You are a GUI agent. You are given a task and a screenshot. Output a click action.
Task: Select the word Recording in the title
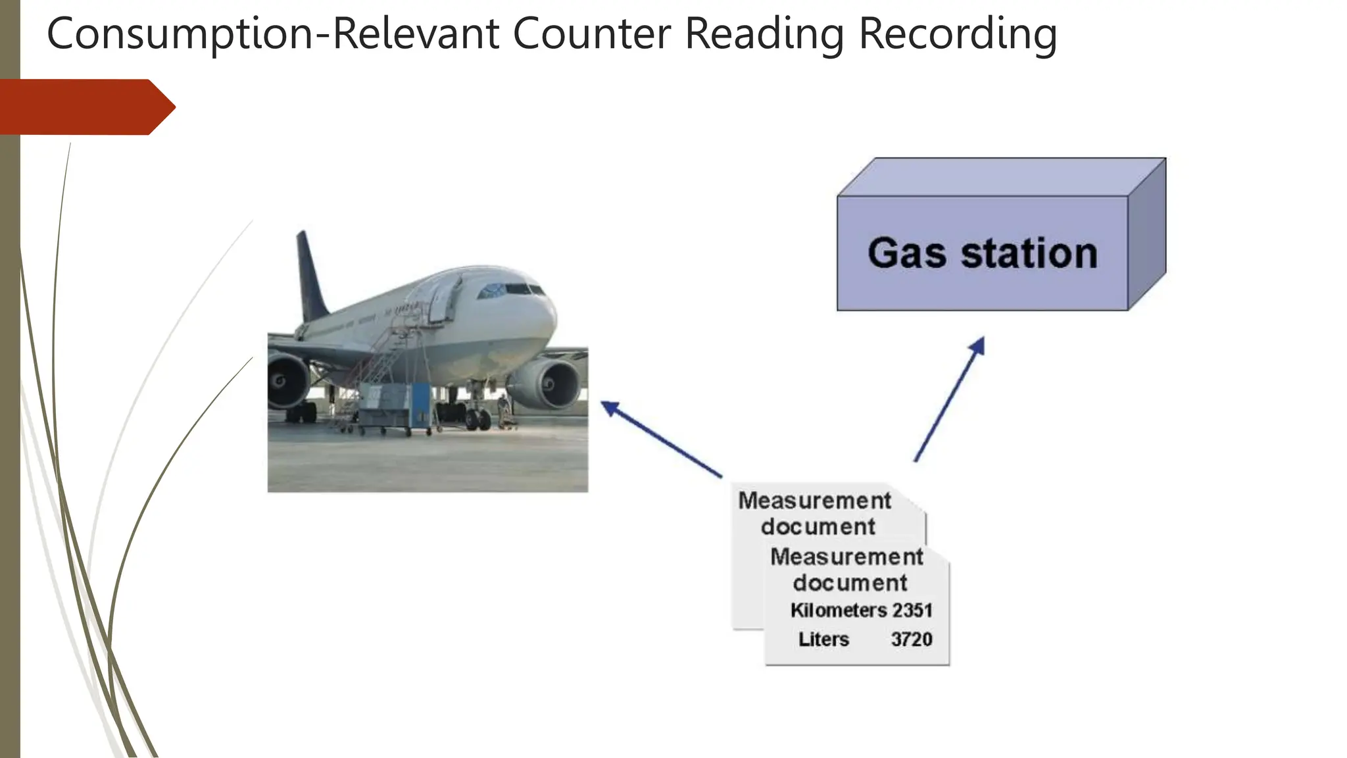tap(958, 34)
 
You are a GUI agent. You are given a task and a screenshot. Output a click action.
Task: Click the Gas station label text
tap(983, 253)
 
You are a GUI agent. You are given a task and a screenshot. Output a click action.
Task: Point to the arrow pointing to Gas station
tap(949, 399)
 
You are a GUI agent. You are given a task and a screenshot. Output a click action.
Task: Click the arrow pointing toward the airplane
tap(662, 439)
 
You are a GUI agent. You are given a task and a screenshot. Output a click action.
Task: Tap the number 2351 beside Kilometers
tap(912, 610)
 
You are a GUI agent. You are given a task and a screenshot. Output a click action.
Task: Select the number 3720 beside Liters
tap(912, 639)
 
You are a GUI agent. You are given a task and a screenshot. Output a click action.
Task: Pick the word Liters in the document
tap(823, 639)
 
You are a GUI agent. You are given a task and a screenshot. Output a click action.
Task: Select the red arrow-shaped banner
tap(87, 107)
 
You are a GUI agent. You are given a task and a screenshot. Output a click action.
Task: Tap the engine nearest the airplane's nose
tap(545, 384)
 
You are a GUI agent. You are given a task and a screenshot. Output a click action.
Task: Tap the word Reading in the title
tap(764, 34)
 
